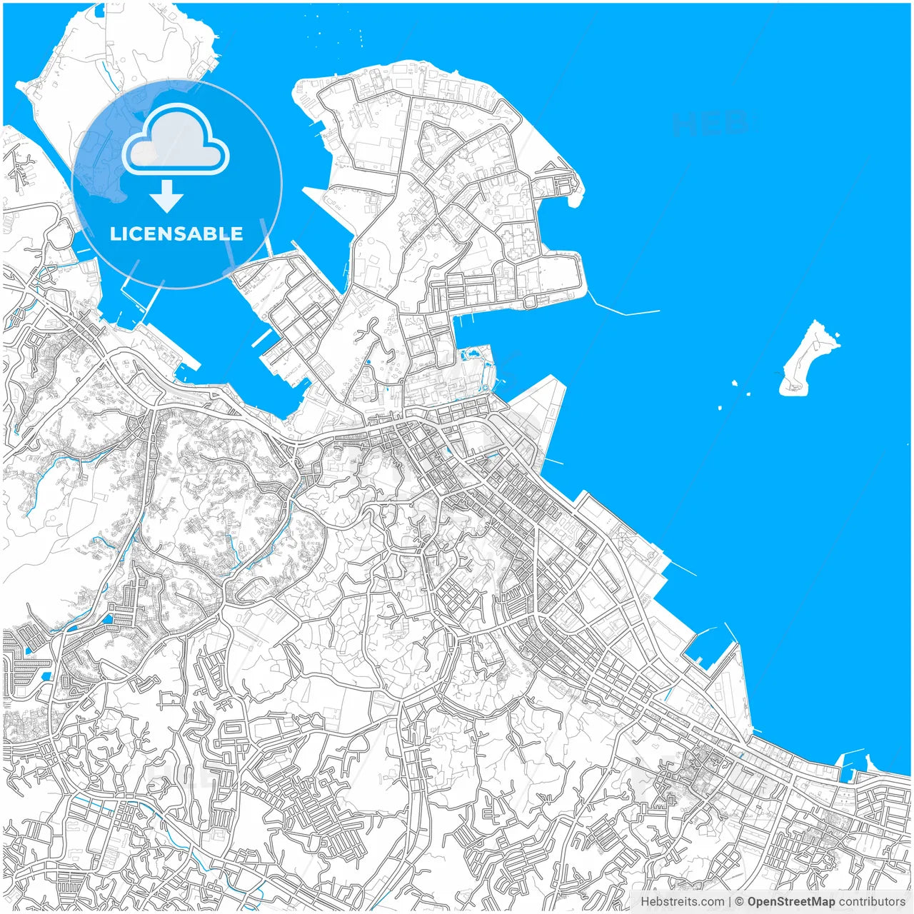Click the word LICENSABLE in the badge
pos(176,234)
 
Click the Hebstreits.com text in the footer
pos(682,902)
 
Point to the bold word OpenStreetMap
pos(791,902)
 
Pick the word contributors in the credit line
pos(872,902)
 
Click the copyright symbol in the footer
pos(740,902)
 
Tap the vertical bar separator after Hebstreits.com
pos(730,902)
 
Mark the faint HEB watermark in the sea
pos(710,124)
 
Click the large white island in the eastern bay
pos(807,361)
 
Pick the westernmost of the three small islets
pos(720,408)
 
